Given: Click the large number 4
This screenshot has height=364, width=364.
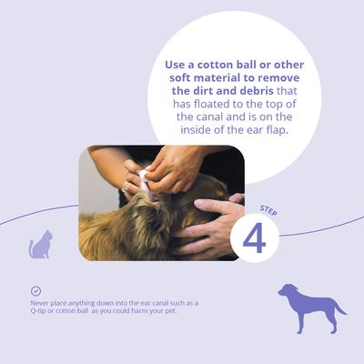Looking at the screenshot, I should coord(254,238).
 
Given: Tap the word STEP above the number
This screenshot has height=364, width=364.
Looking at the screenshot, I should coord(269,208).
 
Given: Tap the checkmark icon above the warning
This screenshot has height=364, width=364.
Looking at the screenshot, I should coord(35,290).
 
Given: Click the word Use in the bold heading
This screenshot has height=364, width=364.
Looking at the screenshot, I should coord(176,66).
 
